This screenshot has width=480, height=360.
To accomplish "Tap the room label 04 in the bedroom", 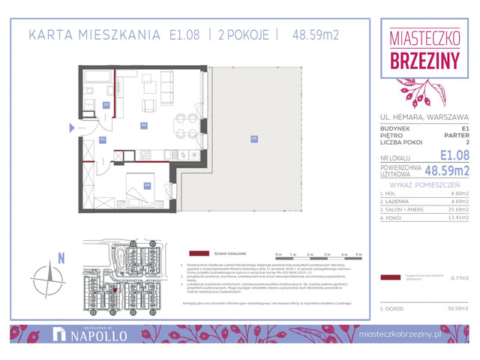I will click(x=148, y=185).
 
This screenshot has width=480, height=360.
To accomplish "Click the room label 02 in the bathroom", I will click(x=106, y=104).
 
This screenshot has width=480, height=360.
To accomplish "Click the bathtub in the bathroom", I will click(x=96, y=76).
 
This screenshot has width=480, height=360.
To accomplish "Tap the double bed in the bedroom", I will click(x=139, y=190).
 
